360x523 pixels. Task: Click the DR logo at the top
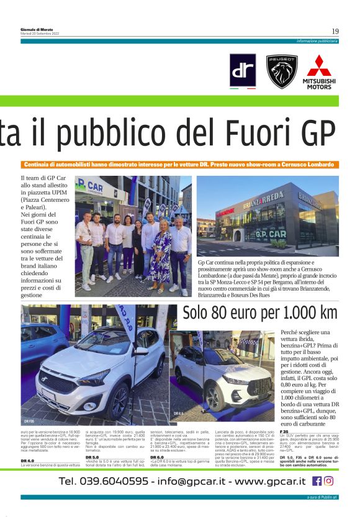(243, 70)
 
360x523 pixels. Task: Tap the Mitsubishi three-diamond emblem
(319, 66)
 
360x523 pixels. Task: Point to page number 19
(335, 31)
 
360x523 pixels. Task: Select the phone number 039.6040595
(104, 481)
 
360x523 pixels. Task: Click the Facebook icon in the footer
(317, 480)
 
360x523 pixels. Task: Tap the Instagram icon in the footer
(328, 480)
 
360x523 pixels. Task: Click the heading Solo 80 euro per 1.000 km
(259, 313)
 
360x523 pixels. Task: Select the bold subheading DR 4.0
(28, 461)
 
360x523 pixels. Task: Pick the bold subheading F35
(284, 431)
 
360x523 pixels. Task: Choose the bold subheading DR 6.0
(156, 457)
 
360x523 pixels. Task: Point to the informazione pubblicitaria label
(317, 41)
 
